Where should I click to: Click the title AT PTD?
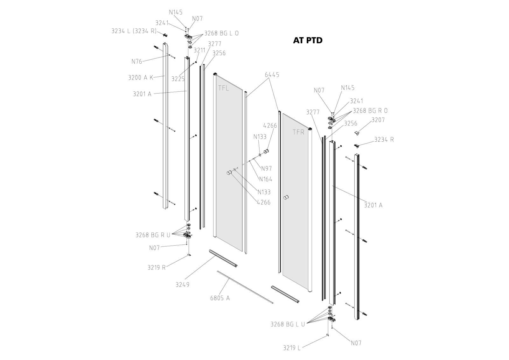307,40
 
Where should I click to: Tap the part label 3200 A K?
141,78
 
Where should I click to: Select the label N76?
137,62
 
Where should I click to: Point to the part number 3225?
178,79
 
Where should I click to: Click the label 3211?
199,50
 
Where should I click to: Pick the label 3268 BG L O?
221,33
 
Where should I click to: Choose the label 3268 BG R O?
370,111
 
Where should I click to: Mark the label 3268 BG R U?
153,235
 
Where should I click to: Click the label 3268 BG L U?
288,324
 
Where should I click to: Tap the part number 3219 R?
156,267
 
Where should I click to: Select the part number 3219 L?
292,348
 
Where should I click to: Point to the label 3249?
182,285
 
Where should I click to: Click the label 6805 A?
220,298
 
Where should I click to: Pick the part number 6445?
272,75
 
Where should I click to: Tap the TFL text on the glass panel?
223,88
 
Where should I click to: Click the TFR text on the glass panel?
298,132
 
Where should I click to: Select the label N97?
266,168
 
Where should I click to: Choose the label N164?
266,179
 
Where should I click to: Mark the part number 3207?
378,120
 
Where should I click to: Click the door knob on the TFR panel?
287,198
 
